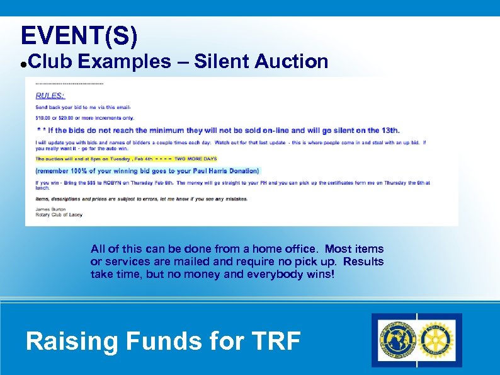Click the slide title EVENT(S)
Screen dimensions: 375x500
click(79, 36)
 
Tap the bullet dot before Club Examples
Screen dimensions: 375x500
click(23, 64)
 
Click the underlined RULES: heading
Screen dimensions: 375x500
click(50, 96)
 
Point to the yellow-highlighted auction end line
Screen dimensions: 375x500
click(126, 159)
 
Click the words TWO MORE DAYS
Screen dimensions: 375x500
click(195, 159)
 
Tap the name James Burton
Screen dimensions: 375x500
click(50, 209)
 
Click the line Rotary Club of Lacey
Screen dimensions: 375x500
click(59, 215)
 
